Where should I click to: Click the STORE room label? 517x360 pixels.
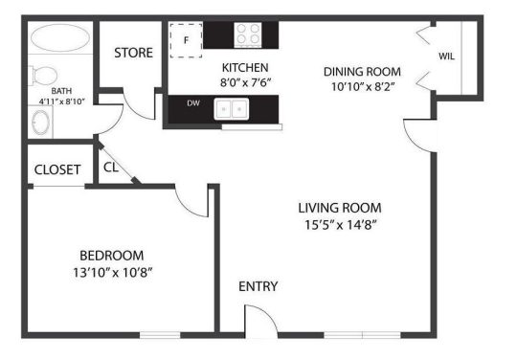[133, 53]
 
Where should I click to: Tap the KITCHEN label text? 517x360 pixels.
[244, 68]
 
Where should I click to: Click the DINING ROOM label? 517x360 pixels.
[361, 72]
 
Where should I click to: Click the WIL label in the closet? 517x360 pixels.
[446, 56]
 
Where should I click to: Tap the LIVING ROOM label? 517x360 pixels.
[339, 208]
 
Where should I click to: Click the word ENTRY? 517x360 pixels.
[258, 285]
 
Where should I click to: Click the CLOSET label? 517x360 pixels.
[57, 169]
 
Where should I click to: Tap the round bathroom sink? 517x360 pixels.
[41, 123]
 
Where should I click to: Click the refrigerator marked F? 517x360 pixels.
[187, 39]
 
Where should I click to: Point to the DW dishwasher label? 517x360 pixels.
[192, 103]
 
